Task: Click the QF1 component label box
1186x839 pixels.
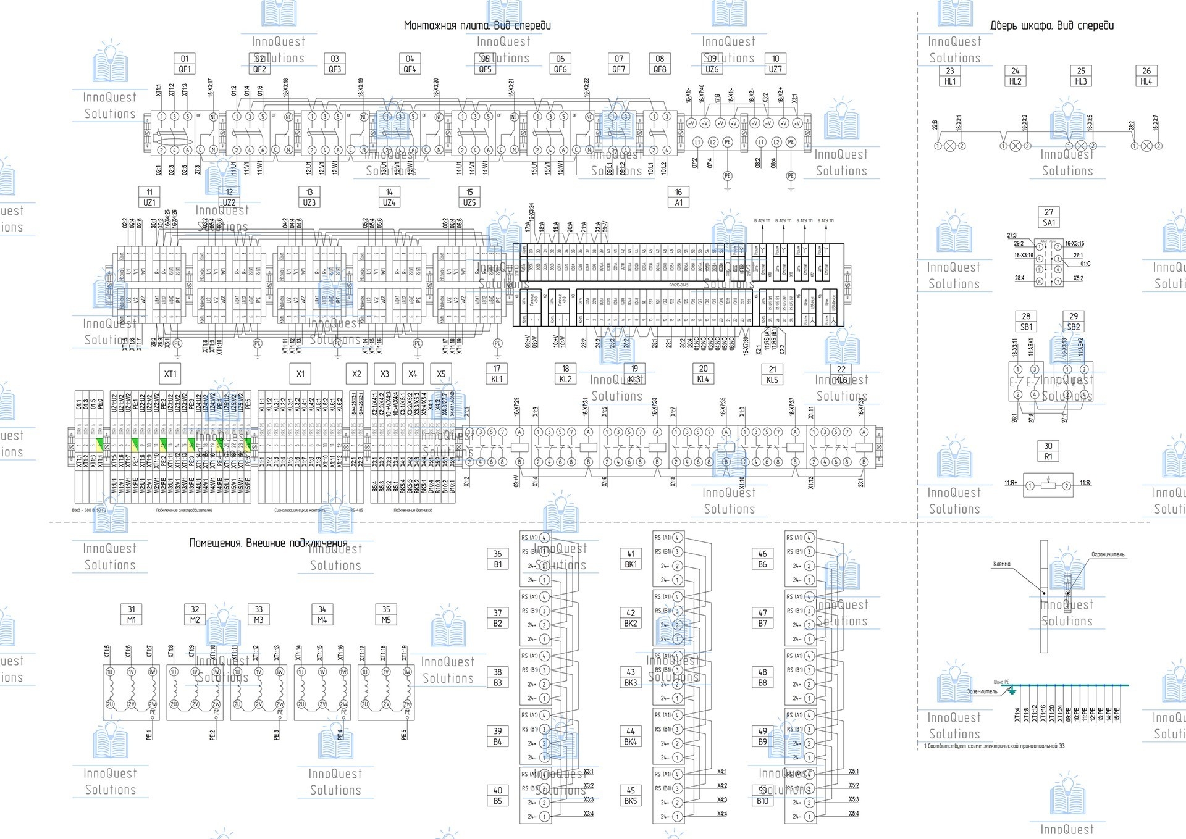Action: (x=185, y=64)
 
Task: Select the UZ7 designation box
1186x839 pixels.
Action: (x=775, y=64)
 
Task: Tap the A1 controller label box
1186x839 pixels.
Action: (x=678, y=198)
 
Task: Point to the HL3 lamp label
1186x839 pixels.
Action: (x=1081, y=76)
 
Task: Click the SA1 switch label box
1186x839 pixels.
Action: (x=1049, y=217)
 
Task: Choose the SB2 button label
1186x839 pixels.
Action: (x=1074, y=322)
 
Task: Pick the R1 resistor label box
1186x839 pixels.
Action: (x=1048, y=451)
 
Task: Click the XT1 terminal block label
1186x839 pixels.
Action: (x=170, y=374)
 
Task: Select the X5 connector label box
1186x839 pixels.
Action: (x=441, y=374)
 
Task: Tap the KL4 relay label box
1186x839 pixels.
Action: (x=703, y=374)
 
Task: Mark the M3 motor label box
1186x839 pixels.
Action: (x=259, y=615)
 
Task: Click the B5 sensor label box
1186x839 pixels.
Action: (x=498, y=796)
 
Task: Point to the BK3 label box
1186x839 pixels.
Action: (x=631, y=677)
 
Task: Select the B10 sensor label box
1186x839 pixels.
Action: (x=763, y=796)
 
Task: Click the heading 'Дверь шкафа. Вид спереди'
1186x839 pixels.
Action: (x=1052, y=25)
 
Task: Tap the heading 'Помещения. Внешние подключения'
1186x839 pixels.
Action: (x=268, y=543)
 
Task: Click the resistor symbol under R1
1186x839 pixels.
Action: (x=1048, y=486)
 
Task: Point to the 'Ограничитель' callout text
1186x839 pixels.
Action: (x=1108, y=555)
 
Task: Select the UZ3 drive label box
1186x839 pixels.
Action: (x=309, y=198)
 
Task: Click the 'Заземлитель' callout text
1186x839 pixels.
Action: (x=982, y=691)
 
